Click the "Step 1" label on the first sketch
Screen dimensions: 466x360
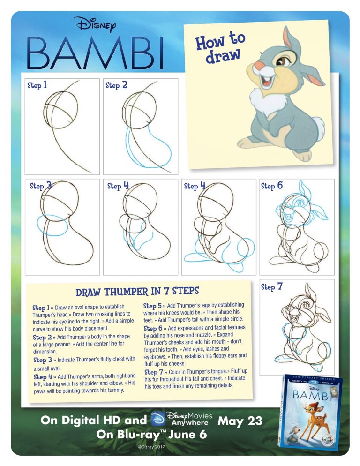coord(37,85)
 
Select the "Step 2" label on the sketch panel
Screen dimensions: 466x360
coord(117,85)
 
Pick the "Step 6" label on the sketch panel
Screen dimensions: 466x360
coord(272,186)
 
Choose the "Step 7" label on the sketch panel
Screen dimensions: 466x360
coord(272,286)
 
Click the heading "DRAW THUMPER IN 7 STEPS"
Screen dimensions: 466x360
coord(137,292)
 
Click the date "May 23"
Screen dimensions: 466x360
coord(240,421)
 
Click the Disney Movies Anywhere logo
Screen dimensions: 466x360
coord(182,418)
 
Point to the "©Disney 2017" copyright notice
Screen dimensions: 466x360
coord(149,447)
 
